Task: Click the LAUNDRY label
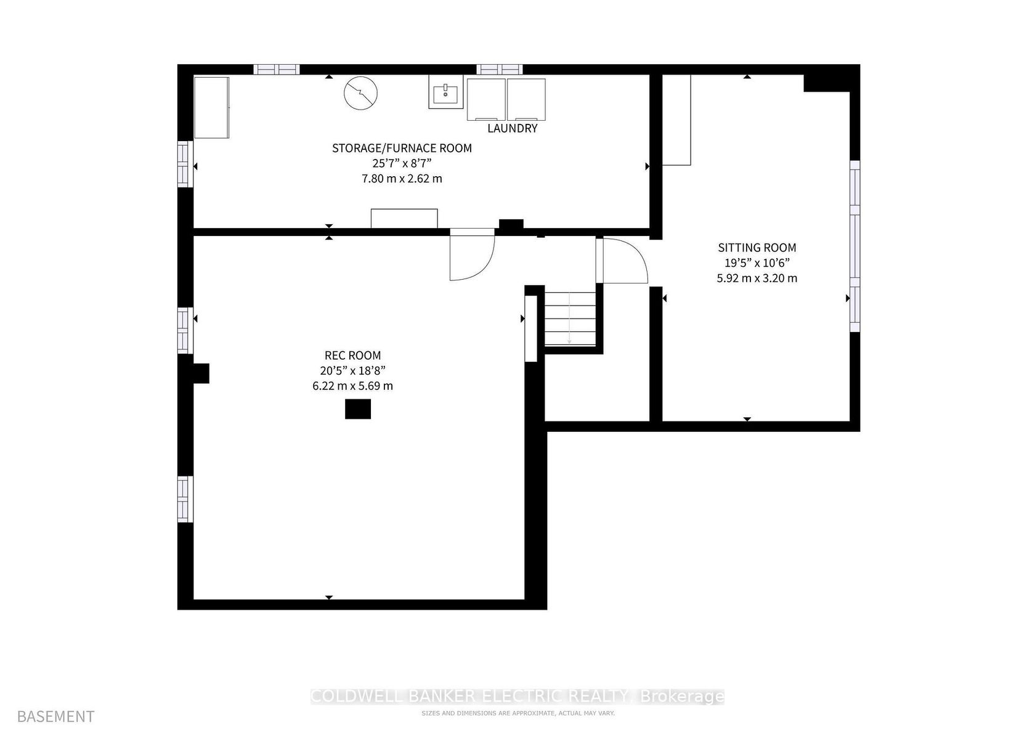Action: pos(513,128)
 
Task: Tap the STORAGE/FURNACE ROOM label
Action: pos(402,148)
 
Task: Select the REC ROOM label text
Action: pos(352,356)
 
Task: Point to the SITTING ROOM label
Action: pos(757,248)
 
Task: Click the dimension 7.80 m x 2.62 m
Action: pos(402,179)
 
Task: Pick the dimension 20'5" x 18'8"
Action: pos(352,371)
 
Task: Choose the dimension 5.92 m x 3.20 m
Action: pos(757,279)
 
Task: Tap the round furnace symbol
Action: pos(361,94)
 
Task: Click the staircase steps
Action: pos(570,319)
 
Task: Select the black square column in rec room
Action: pos(358,409)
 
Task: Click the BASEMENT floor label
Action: pos(56,716)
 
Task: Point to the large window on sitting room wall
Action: pos(855,246)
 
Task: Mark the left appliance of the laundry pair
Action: pos(486,99)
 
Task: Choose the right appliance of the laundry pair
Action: pos(526,99)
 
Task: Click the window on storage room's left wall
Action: pos(185,164)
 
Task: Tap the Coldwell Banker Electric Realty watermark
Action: pos(517,696)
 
